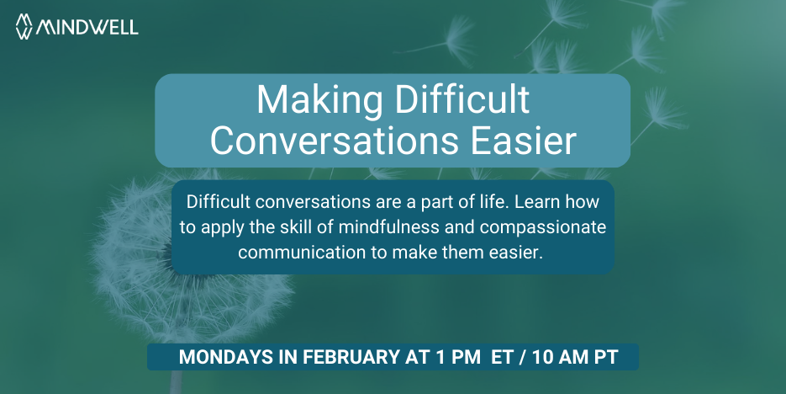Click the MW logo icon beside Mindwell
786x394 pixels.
point(24,26)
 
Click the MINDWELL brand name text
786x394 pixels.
point(87,27)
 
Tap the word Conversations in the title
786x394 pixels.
point(334,141)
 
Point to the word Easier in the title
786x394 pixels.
point(524,141)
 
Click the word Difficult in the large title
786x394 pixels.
point(462,99)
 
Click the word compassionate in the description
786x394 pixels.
point(543,227)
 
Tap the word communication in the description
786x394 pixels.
point(302,252)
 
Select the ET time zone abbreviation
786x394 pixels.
point(502,357)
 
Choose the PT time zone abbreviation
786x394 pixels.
point(606,357)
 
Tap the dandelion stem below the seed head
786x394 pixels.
point(177,382)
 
